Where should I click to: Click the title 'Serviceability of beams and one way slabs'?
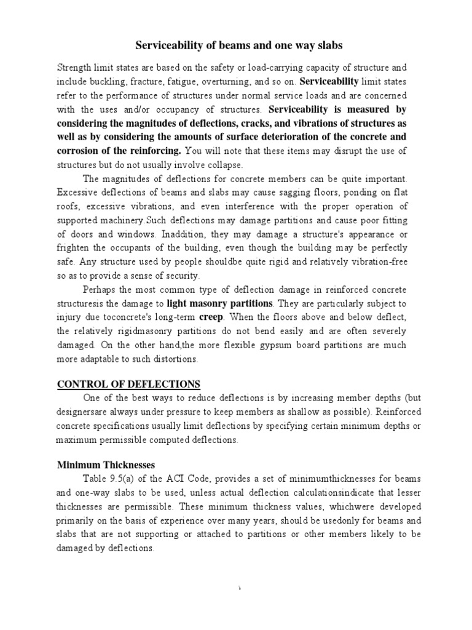[x=238, y=46]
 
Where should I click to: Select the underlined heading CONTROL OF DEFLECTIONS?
[x=128, y=385]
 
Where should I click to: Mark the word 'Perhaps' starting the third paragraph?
[x=101, y=289]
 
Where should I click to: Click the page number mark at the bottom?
[x=239, y=590]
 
